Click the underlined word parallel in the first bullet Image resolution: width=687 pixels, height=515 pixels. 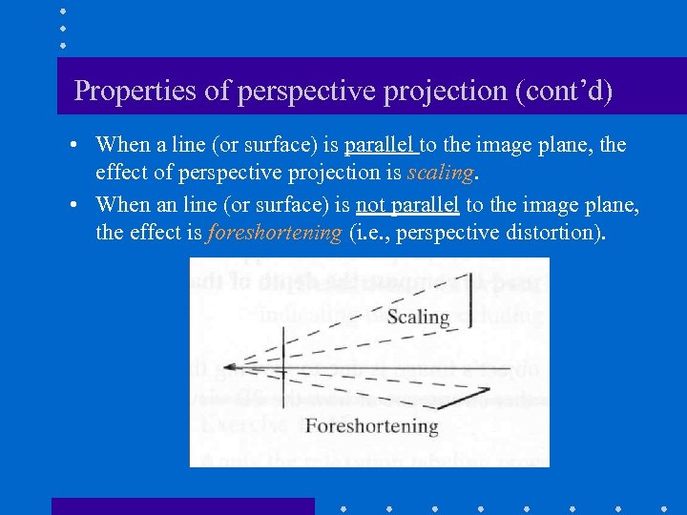380,145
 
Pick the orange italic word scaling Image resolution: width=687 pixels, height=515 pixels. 440,173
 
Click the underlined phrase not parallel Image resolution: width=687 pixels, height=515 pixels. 407,205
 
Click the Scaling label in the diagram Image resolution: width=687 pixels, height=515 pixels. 418,317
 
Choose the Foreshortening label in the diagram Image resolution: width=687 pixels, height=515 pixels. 371,425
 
